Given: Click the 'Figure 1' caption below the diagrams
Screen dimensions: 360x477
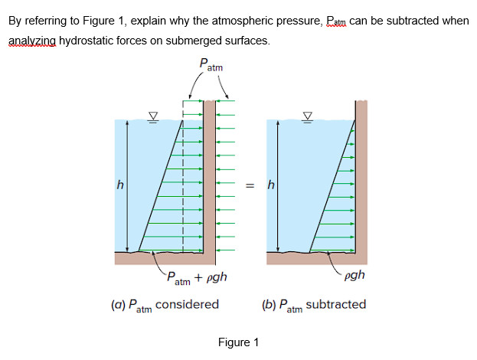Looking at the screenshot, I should [x=238, y=342].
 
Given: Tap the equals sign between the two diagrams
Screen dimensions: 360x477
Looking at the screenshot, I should [x=249, y=185].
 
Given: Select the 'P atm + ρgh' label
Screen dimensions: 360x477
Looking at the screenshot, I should [x=197, y=277].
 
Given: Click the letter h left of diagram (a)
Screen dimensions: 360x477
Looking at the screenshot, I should [x=119, y=185].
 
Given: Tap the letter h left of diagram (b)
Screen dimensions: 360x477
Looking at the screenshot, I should [x=270, y=185].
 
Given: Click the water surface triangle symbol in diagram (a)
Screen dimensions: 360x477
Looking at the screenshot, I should [x=153, y=116].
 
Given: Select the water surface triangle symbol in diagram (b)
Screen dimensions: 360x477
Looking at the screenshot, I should [x=309, y=116].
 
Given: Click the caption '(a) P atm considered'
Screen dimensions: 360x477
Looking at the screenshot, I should [x=165, y=305].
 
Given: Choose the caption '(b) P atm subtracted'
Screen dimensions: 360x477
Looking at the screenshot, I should [x=314, y=305].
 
